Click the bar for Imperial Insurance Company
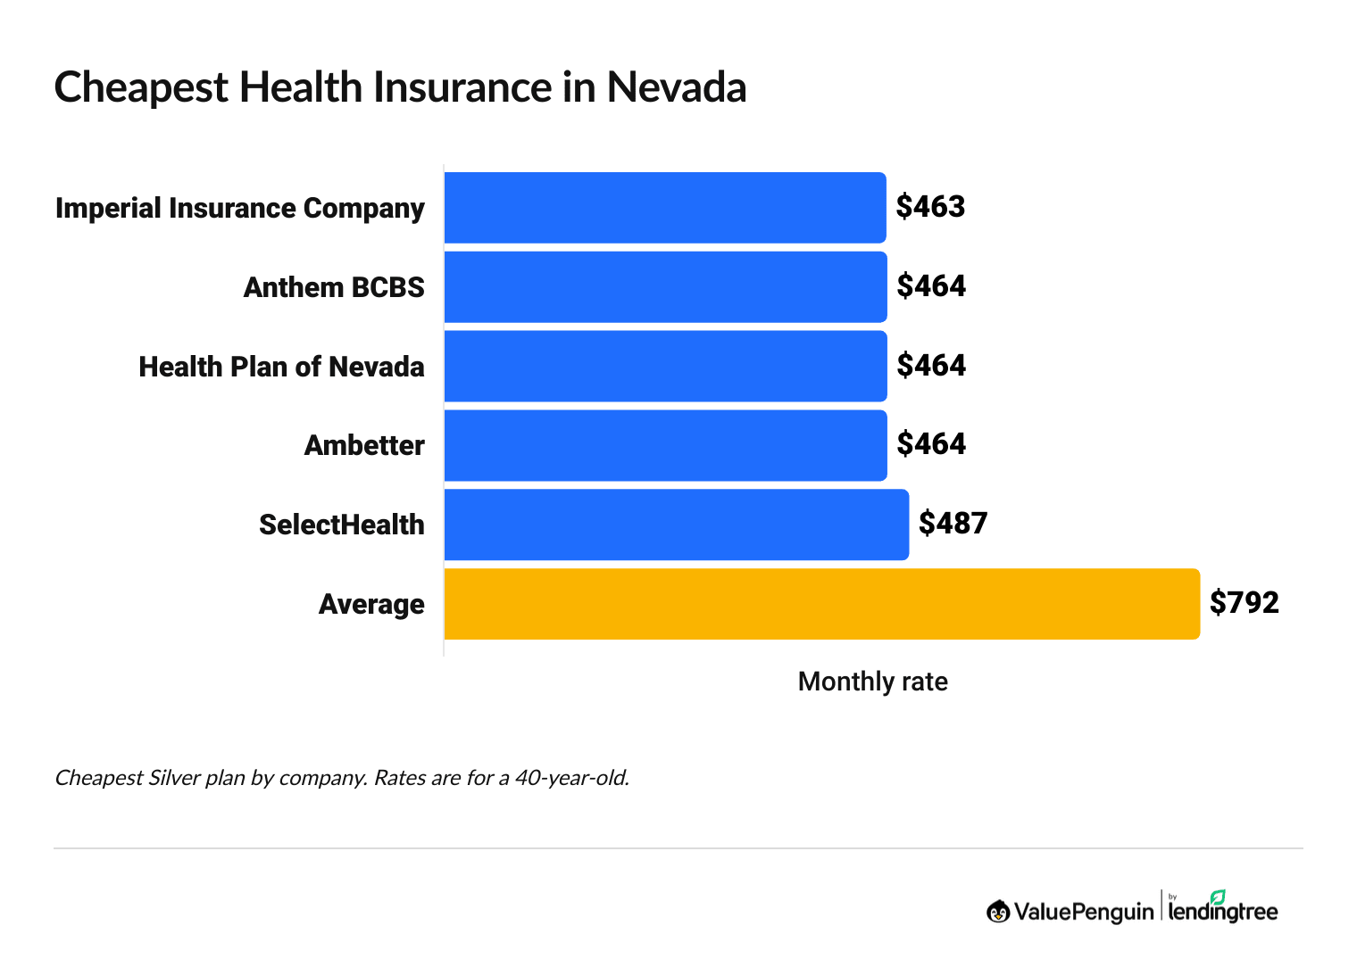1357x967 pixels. coord(665,208)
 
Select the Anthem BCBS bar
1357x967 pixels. coord(665,287)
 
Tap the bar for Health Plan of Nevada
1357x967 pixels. coord(665,367)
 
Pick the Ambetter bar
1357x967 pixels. coord(665,445)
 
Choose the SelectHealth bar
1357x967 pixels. coord(676,525)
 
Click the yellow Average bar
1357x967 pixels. coord(821,604)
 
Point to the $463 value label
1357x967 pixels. coord(930,207)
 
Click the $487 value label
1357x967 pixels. coord(953,523)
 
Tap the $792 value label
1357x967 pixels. coord(1244,602)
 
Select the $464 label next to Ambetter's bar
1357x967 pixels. coord(931,444)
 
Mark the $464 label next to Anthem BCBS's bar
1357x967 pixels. coord(931,286)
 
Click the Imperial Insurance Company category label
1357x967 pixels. coord(239,208)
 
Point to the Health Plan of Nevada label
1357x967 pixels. coord(281,367)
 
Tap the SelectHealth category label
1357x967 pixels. coord(341,525)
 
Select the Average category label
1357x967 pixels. coord(371,604)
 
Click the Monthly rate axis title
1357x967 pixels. coord(872,682)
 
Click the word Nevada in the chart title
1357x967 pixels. coord(676,87)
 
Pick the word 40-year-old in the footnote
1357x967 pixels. coord(571,778)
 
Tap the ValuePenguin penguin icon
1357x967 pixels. coord(997,911)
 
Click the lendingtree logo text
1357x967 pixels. coord(1222,911)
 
